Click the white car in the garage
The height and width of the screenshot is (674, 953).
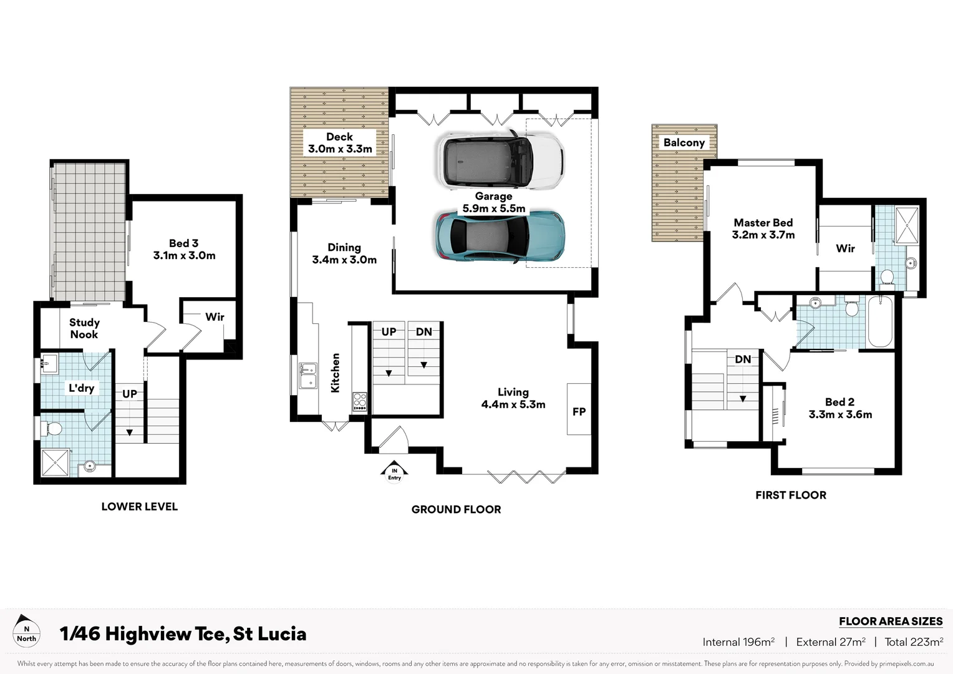(501, 160)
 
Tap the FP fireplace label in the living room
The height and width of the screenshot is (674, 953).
(579, 411)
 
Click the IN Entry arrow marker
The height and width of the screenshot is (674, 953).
(394, 472)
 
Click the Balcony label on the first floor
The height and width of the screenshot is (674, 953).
(684, 142)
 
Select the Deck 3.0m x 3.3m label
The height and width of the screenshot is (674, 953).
(340, 143)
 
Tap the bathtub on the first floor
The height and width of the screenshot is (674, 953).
(880, 321)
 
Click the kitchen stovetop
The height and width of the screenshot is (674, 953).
(360, 401)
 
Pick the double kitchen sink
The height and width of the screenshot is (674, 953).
(307, 376)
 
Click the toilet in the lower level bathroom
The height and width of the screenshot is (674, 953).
(53, 429)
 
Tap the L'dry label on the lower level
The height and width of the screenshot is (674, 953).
(81, 388)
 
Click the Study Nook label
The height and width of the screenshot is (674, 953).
(84, 328)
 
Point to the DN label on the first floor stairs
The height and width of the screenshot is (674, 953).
(743, 359)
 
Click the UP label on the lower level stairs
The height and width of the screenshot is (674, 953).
(130, 394)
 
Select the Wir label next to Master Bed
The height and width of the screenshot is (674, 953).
(845, 248)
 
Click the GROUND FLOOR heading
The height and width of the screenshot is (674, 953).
(456, 509)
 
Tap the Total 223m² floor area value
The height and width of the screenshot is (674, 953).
(914, 642)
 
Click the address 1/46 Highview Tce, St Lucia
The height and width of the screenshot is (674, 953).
(183, 633)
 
